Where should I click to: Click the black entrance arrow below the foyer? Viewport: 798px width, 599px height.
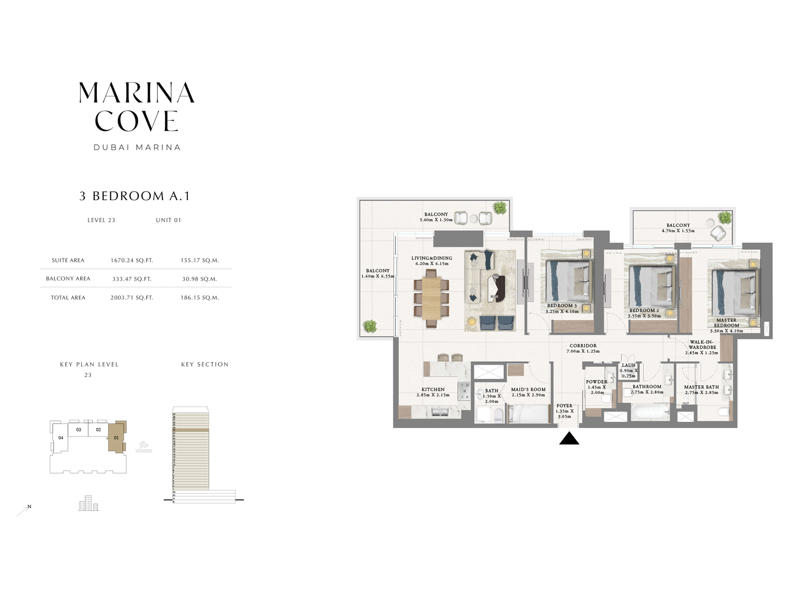[x=569, y=438]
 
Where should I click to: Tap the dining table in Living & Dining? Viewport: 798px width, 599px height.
[x=431, y=297]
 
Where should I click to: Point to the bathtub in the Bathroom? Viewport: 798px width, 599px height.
[x=650, y=412]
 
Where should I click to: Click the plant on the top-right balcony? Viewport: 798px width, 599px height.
[x=725, y=217]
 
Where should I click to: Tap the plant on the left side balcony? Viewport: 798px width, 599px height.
[x=370, y=326]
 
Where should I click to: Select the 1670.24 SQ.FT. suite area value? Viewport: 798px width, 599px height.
[x=131, y=260]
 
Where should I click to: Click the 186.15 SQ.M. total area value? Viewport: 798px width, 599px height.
[x=199, y=298]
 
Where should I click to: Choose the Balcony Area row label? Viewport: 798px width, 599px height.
[x=68, y=279]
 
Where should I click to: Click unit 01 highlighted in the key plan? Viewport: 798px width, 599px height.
[x=116, y=437]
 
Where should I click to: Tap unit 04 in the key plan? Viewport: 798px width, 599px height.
[x=61, y=438]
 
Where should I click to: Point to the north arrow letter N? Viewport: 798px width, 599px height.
[x=29, y=506]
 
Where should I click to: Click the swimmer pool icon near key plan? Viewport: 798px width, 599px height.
[x=143, y=447]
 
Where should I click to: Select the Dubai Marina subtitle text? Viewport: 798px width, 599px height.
[x=137, y=148]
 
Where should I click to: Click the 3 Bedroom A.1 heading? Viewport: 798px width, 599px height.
[x=135, y=196]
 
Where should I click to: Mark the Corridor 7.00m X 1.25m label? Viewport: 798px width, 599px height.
[x=582, y=348]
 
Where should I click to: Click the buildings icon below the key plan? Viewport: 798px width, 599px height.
[x=88, y=503]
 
